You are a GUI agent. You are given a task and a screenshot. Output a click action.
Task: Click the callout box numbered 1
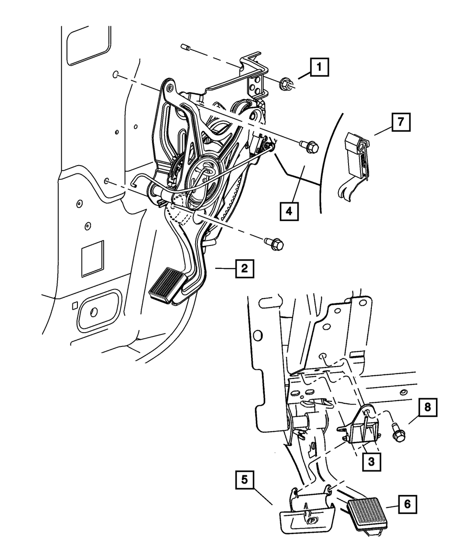click(x=319, y=69)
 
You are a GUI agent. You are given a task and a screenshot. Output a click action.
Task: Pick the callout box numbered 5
click(x=245, y=480)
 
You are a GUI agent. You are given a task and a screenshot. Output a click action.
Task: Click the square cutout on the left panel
click(x=93, y=261)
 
